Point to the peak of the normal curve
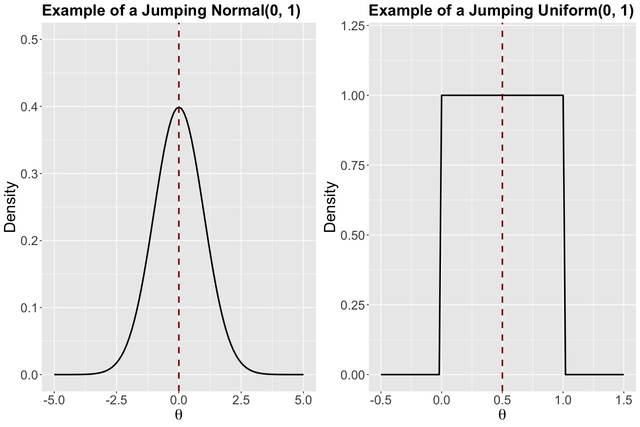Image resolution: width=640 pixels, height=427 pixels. pos(179,107)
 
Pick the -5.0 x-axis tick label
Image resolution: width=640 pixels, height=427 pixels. pos(54,401)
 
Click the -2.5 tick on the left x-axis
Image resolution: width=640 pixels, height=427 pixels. pos(116,401)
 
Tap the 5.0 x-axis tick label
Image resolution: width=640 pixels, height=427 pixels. pos(303,401)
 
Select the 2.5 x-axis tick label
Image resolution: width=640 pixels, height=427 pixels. pos(241,401)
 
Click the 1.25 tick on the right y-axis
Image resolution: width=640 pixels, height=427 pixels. pos(352,26)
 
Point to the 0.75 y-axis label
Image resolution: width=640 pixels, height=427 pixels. pos(352,165)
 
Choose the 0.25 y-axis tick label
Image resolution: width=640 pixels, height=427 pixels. pos(352,305)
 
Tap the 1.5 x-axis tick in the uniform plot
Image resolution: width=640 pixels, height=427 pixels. pos(623,401)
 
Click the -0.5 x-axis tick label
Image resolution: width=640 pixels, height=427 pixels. pos(380,401)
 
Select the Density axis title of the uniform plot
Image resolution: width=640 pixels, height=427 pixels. pos(331,207)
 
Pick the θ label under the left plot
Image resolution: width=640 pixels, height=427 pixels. pos(179,415)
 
